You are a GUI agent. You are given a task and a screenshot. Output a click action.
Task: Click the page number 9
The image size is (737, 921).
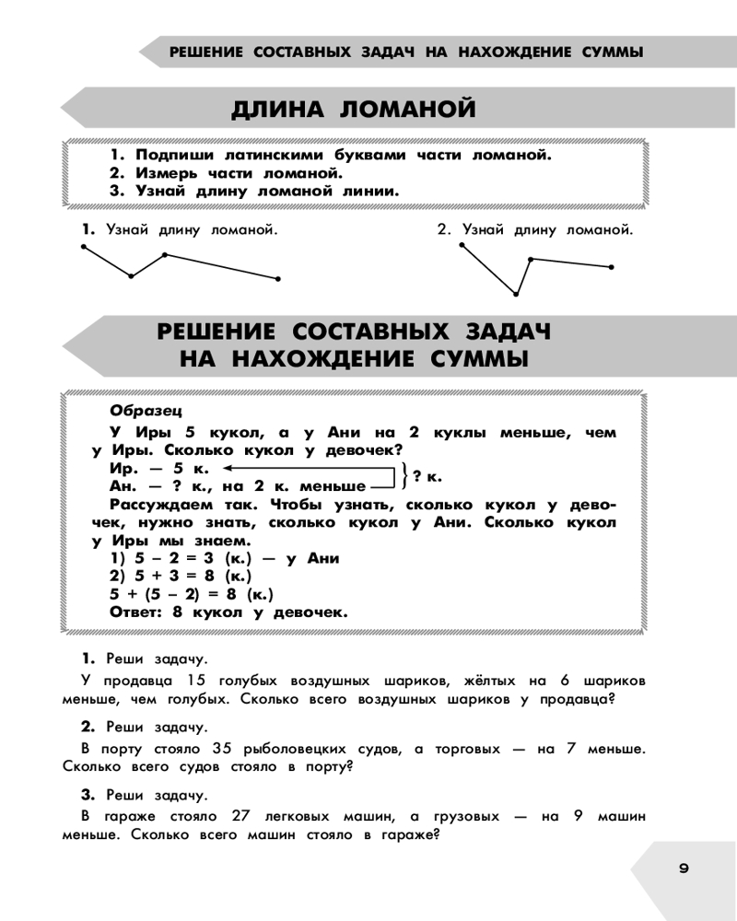click(683, 868)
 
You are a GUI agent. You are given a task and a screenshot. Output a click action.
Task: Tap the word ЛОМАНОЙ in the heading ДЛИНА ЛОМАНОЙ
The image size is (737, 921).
click(408, 110)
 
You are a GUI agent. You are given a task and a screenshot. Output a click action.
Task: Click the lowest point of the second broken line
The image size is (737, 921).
click(516, 294)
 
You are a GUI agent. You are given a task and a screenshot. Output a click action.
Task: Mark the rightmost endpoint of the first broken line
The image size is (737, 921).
click(278, 278)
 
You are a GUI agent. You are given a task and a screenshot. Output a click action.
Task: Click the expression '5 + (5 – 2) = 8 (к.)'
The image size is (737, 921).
click(192, 593)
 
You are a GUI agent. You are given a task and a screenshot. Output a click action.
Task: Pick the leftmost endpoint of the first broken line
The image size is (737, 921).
click(84, 247)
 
